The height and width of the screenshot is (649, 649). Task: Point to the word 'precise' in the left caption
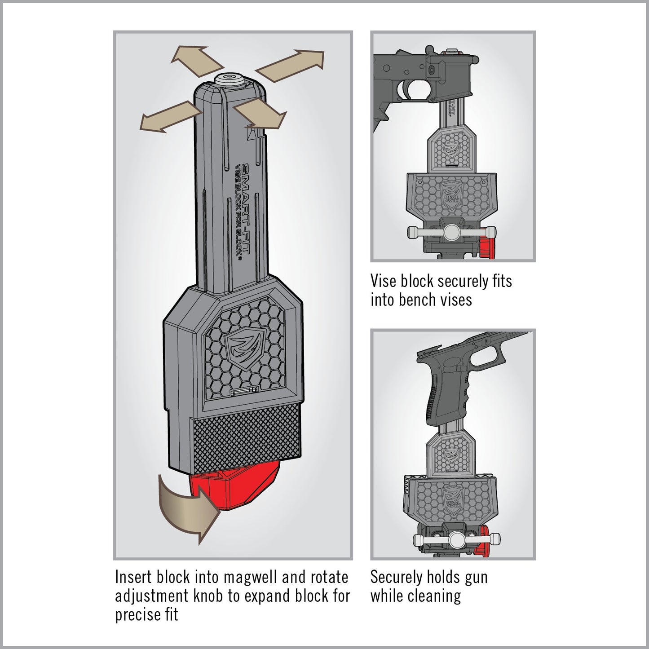click(x=133, y=614)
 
